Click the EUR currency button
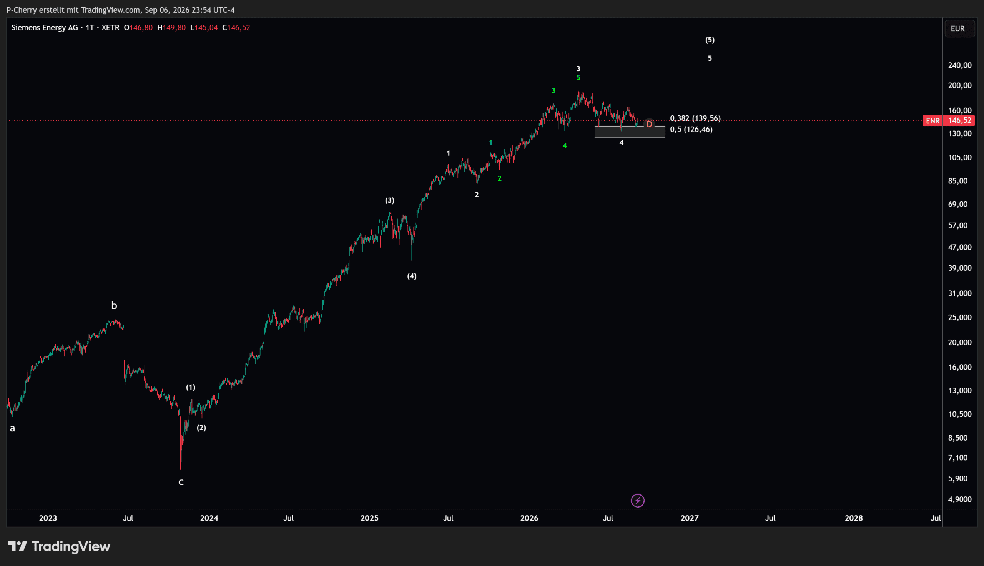(957, 28)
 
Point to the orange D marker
(649, 124)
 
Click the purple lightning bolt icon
(637, 501)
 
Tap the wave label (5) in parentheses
(710, 40)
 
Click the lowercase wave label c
(181, 483)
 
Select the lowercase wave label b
(114, 306)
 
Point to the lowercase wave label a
(12, 428)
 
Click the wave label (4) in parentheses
(412, 276)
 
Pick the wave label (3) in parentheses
(390, 200)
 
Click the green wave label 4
(565, 146)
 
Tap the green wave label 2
(500, 178)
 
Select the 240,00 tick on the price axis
(959, 65)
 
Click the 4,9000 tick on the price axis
(959, 499)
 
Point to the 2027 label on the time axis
(690, 518)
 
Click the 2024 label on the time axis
(209, 518)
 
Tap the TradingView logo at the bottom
(59, 546)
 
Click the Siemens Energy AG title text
(45, 28)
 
